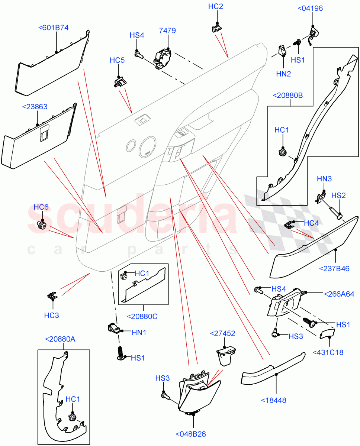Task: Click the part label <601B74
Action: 53,27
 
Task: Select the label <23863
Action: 35,107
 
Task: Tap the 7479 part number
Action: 167,31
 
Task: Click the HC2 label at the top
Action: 215,6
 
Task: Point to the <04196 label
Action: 310,8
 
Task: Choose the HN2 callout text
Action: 283,74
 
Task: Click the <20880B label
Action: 287,96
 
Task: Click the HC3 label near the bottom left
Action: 51,316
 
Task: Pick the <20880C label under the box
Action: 142,316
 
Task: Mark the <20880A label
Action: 60,339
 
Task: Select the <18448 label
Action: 274,400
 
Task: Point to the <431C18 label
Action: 328,352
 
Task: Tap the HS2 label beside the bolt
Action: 338,195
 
